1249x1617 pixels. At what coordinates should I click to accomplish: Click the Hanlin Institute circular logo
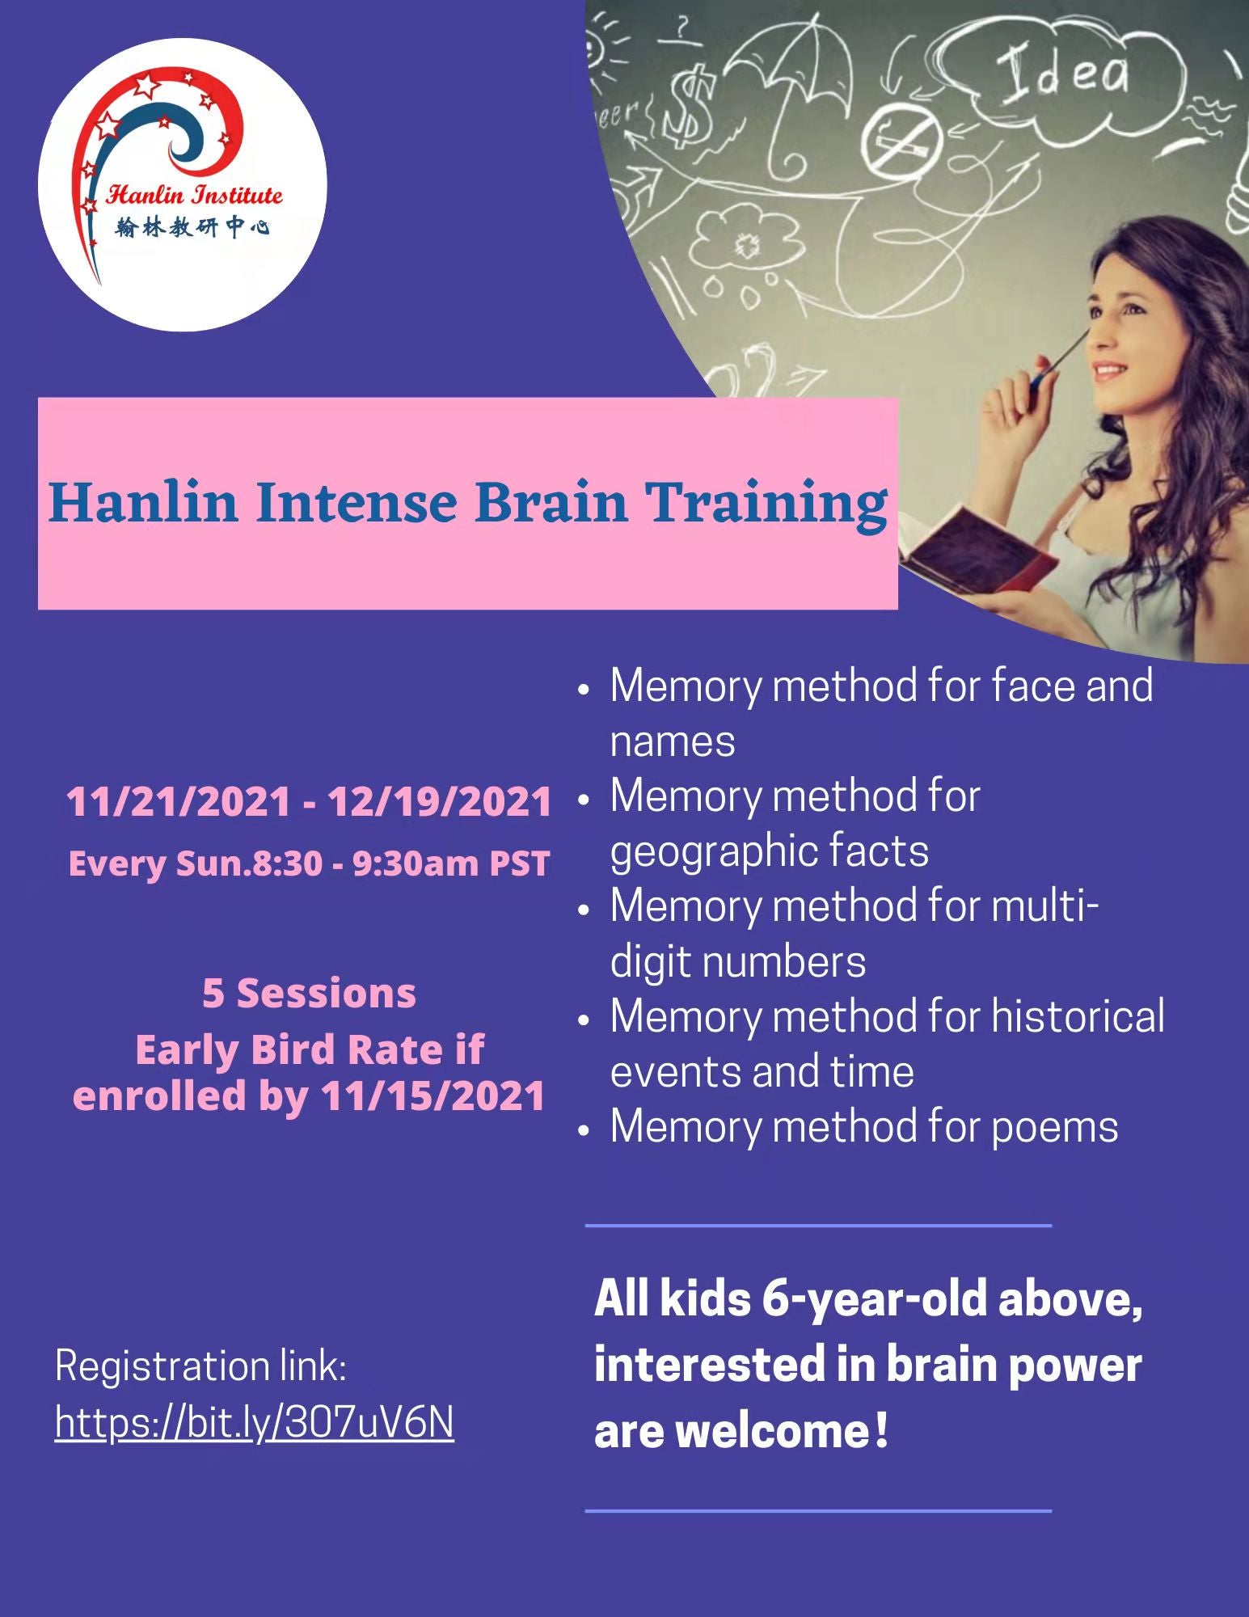pyautogui.click(x=183, y=186)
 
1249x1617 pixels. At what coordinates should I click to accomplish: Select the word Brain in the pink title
pyautogui.click(x=551, y=502)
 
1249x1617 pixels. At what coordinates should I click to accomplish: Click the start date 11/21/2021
pyautogui.click(x=178, y=802)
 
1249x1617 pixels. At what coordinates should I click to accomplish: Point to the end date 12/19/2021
pyautogui.click(x=439, y=802)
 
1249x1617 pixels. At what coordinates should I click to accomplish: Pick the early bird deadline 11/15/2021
pyautogui.click(x=433, y=1096)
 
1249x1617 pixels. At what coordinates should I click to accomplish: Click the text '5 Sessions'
pyautogui.click(x=309, y=993)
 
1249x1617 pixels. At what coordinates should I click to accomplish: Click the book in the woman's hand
pyautogui.click(x=974, y=550)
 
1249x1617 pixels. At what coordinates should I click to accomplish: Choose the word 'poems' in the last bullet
pyautogui.click(x=1054, y=1126)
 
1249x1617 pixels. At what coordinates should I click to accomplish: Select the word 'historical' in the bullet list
pyautogui.click(x=1078, y=1016)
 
